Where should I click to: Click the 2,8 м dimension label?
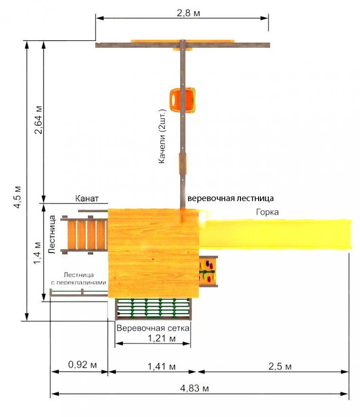188,13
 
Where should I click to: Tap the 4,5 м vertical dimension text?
18,197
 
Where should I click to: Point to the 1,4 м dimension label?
37,253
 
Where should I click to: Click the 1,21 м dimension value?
162,338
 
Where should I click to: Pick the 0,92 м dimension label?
82,364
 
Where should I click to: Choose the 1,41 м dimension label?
162,366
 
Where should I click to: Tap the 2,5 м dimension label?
280,366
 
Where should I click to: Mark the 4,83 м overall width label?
194,388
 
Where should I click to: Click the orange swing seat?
183,100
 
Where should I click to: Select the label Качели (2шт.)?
162,136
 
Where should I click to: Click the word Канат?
87,199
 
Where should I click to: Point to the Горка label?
268,212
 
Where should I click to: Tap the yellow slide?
276,235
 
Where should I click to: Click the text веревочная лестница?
231,199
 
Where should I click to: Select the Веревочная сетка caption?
153,328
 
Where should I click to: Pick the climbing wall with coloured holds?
208,272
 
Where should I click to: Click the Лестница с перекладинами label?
79,279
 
